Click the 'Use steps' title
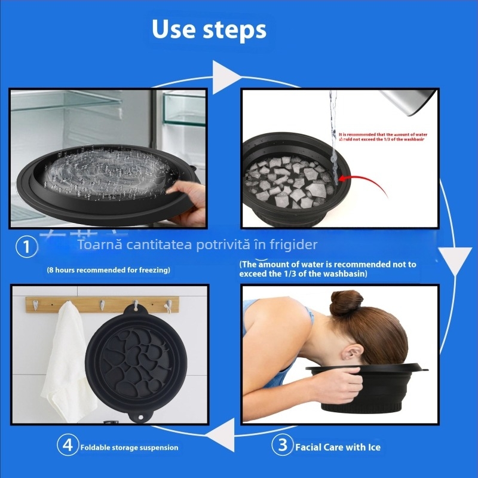(209, 29)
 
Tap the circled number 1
(26, 247)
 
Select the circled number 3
(283, 445)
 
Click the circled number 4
(68, 445)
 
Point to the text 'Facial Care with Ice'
(338, 447)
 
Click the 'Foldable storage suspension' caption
(129, 447)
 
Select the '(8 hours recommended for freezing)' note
(108, 270)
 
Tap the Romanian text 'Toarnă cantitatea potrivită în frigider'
(198, 244)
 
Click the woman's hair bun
(347, 303)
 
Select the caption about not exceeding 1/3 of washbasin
(328, 268)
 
